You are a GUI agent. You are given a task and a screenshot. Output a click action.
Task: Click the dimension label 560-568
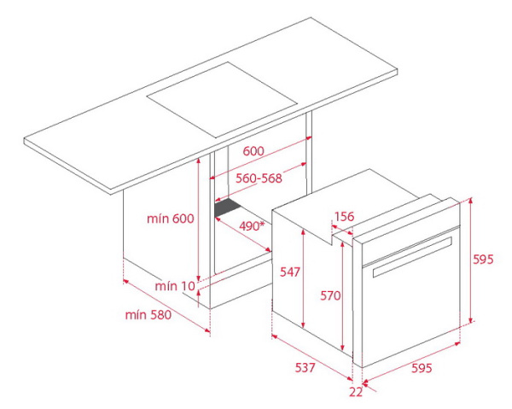click(x=259, y=178)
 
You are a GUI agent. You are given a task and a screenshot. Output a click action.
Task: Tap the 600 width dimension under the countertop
click(x=253, y=151)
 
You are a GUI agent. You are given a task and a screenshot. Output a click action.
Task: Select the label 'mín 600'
click(x=171, y=219)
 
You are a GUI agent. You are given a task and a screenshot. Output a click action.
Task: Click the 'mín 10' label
click(x=175, y=286)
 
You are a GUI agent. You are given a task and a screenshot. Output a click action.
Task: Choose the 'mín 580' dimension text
click(x=148, y=315)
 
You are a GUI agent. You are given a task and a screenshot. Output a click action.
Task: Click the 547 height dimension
click(x=290, y=272)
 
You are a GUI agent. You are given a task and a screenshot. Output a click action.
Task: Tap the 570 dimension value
click(x=330, y=295)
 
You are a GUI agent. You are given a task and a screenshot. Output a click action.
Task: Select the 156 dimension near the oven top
click(x=344, y=216)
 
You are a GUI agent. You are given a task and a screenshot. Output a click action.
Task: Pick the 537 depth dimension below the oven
click(x=305, y=367)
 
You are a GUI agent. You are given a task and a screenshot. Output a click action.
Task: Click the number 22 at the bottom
click(x=356, y=392)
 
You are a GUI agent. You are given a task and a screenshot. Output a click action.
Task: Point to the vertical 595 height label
click(x=483, y=260)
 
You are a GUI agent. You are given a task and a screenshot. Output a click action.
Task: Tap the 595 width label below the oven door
click(x=422, y=368)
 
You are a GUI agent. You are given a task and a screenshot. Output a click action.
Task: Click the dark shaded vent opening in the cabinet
click(x=227, y=207)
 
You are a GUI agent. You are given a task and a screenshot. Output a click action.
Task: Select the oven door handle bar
click(x=412, y=257)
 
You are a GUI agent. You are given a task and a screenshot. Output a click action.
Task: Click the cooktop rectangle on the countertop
click(x=222, y=100)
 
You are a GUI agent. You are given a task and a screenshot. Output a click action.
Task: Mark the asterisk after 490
click(x=262, y=224)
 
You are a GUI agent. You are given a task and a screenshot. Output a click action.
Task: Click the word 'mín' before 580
click(x=136, y=315)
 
